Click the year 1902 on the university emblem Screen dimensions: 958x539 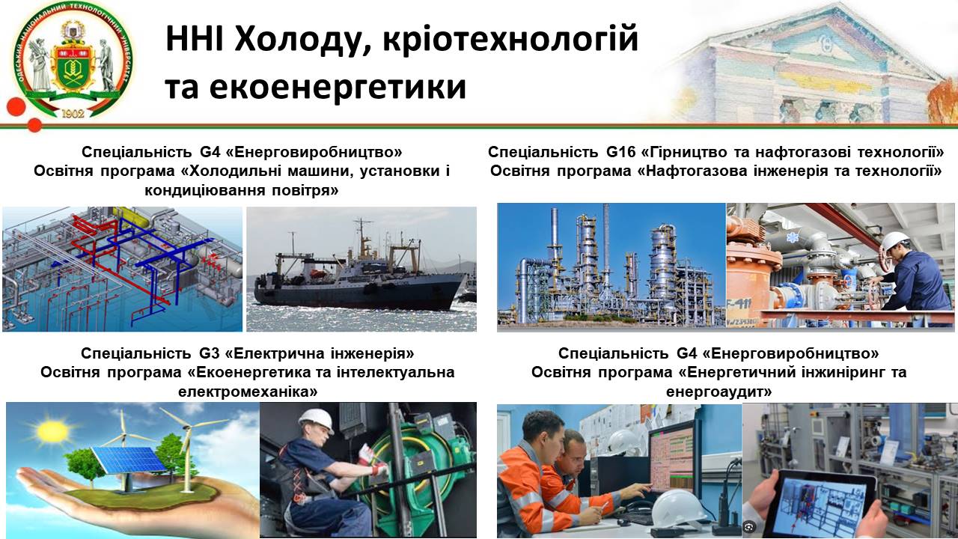pos(73,113)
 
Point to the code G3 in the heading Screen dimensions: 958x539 pos(209,353)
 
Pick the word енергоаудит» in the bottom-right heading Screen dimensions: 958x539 pos(718,392)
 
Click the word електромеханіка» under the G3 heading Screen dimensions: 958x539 pos(248,392)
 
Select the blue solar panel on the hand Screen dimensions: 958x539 pos(128,463)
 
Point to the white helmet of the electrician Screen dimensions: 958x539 pos(317,420)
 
